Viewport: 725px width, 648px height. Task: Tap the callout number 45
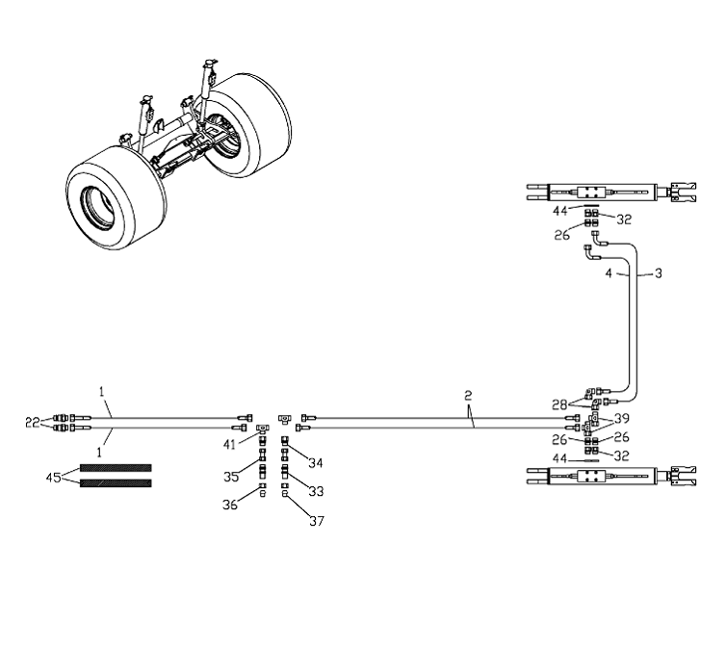[x=55, y=476]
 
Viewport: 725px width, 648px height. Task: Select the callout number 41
[x=230, y=444]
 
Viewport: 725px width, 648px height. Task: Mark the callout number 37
[x=316, y=522]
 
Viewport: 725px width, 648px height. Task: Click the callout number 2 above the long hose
[x=467, y=395]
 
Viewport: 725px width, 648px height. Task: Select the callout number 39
[x=621, y=420]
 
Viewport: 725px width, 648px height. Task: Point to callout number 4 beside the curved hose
[x=608, y=274]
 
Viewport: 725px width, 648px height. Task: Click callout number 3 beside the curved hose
[x=658, y=274]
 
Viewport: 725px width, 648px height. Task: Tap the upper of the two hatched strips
[x=116, y=468]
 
